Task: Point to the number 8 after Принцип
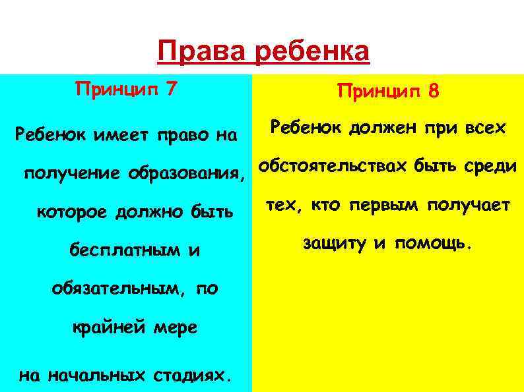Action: pyautogui.click(x=433, y=91)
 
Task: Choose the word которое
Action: pyautogui.click(x=73, y=212)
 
